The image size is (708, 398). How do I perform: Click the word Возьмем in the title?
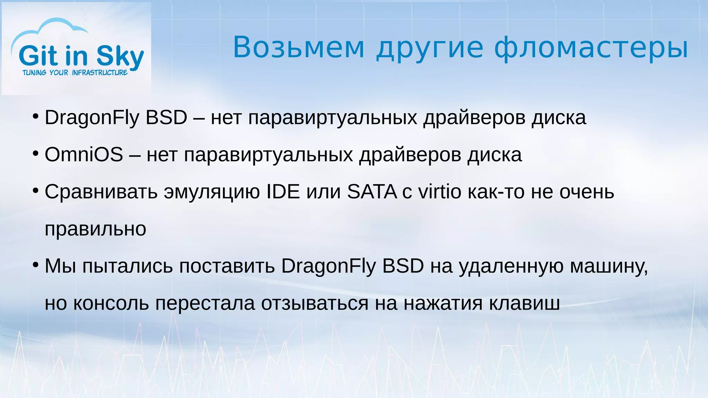[299, 47]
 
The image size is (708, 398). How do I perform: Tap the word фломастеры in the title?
[591, 48]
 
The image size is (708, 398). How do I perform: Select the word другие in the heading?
[429, 48]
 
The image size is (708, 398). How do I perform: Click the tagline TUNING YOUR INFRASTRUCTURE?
[75, 73]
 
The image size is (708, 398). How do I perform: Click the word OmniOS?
[84, 154]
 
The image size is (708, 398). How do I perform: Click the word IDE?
[283, 191]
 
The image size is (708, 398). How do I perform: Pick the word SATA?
[372, 191]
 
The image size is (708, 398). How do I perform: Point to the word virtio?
[440, 191]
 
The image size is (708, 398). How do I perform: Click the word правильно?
[95, 229]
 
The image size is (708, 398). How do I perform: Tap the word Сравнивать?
[101, 192]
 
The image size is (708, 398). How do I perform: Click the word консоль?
[111, 303]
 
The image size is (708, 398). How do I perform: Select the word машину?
[608, 266]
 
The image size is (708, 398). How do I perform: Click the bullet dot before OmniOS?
[36, 153]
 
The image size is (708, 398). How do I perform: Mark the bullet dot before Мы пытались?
[36, 265]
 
